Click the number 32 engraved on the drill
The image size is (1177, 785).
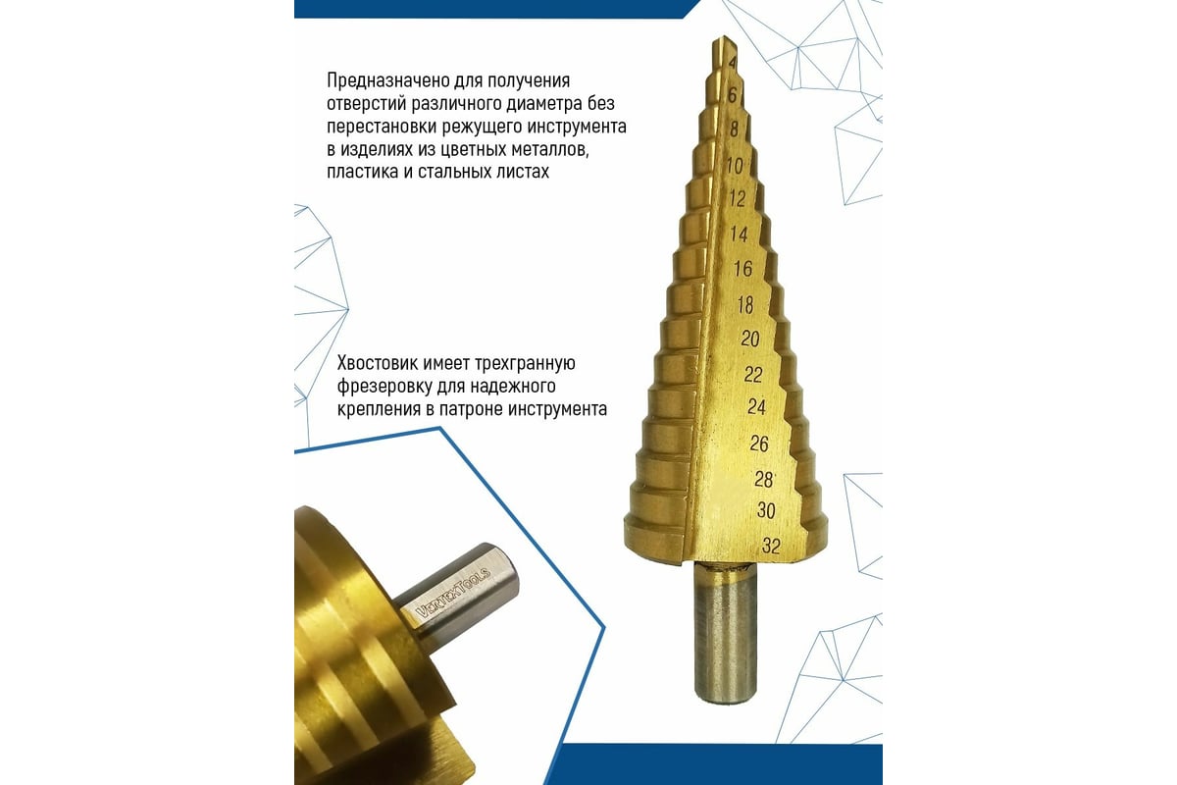(770, 547)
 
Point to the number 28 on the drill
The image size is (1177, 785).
(764, 478)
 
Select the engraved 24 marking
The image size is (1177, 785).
(756, 407)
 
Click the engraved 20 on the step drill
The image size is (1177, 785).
(750, 340)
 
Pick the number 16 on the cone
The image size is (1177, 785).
(743, 269)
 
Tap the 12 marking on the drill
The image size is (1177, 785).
(738, 197)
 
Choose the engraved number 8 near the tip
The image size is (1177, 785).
(734, 129)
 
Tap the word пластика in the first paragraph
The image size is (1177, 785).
(360, 171)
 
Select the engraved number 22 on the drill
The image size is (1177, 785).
(753, 374)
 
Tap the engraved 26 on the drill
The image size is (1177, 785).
(759, 444)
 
